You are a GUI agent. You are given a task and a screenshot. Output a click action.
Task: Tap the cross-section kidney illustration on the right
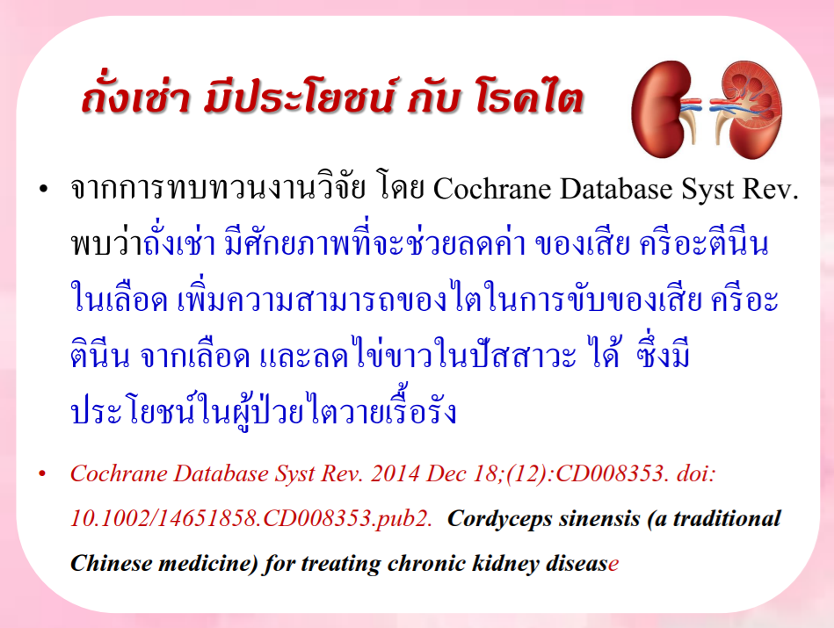click(748, 110)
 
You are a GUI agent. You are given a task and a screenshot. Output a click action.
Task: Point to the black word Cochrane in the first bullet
click(492, 189)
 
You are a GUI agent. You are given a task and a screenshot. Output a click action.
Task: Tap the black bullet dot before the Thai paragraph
click(44, 190)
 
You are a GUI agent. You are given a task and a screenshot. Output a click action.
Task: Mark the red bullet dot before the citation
click(42, 473)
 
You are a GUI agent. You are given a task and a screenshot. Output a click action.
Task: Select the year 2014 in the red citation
click(395, 473)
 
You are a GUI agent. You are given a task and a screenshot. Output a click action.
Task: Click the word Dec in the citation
click(444, 473)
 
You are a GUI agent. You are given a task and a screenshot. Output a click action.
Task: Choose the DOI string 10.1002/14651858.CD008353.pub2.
click(251, 518)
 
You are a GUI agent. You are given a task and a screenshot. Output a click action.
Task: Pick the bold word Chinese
click(112, 563)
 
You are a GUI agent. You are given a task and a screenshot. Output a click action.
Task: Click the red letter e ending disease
click(613, 565)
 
